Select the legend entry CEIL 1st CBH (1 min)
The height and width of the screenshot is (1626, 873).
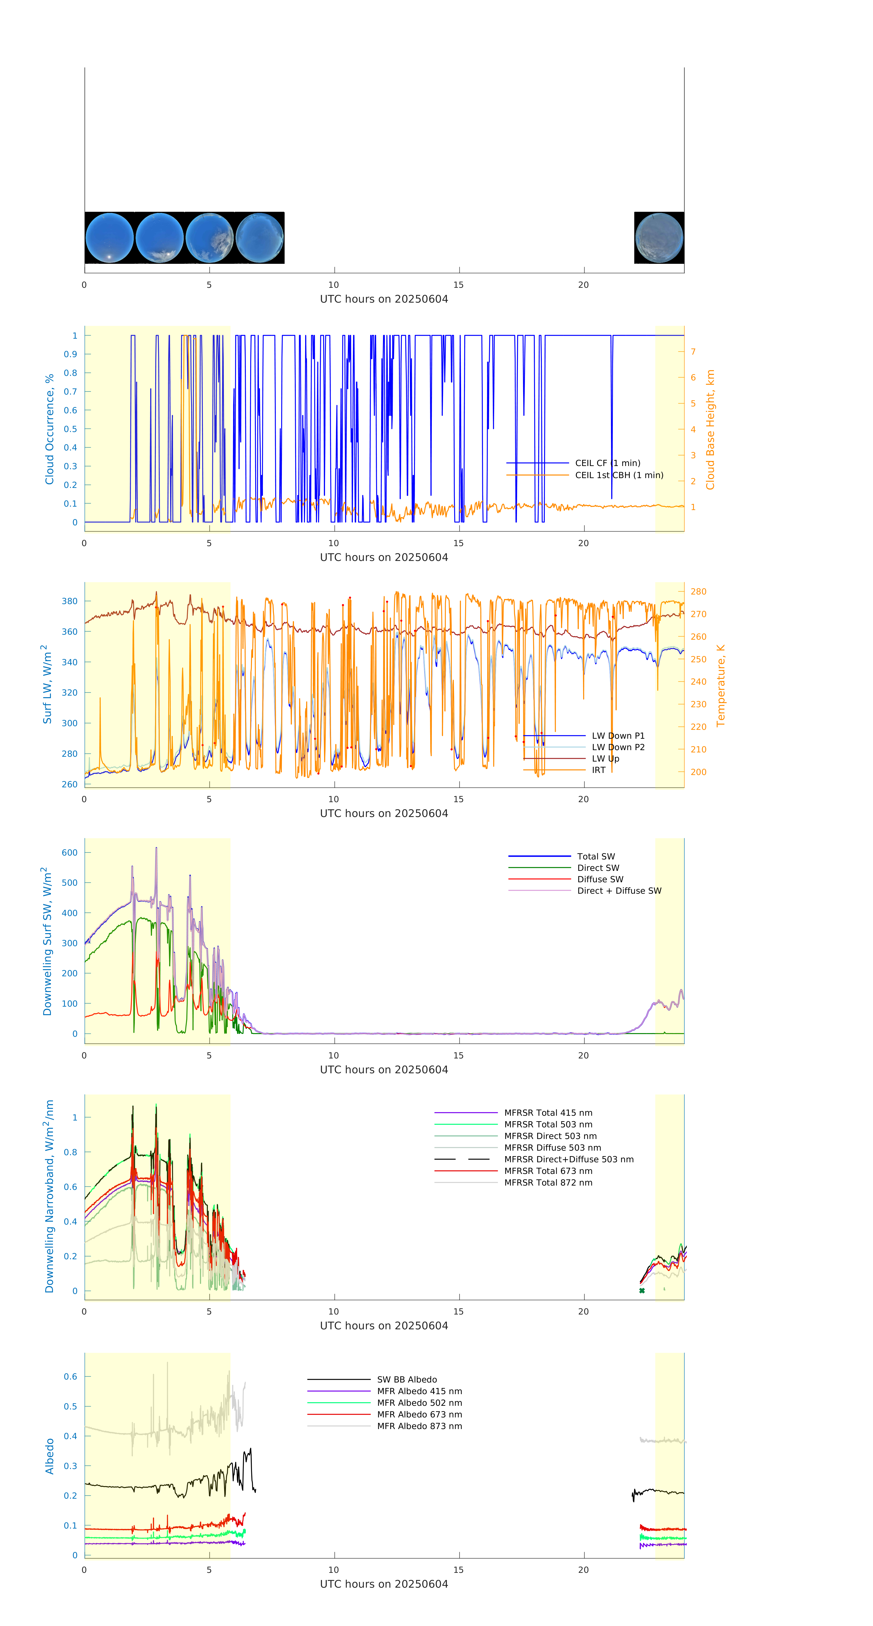click(619, 475)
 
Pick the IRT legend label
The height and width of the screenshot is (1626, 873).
click(598, 770)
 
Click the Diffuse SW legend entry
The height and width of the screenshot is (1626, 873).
click(600, 879)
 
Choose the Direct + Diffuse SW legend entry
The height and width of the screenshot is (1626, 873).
click(619, 891)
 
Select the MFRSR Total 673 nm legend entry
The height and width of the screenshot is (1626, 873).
click(548, 1171)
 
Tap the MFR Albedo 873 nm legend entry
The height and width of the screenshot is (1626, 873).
click(419, 1426)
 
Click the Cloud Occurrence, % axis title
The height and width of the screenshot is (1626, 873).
click(49, 429)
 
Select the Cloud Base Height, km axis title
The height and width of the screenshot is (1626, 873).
click(710, 429)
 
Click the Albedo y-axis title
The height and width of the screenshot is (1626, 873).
click(49, 1456)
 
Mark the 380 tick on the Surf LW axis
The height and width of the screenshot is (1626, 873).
click(69, 601)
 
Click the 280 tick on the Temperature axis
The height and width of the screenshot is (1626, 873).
click(698, 592)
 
